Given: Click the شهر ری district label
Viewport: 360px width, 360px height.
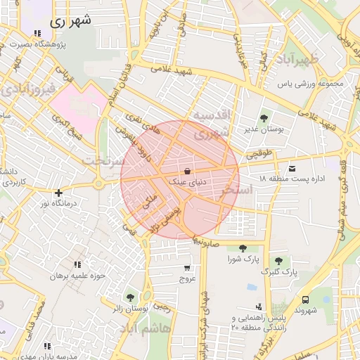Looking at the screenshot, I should coord(70,21).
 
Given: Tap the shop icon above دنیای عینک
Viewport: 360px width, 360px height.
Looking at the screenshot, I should coord(186,171).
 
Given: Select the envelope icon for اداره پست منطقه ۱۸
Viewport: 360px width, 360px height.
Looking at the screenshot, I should coord(292,168).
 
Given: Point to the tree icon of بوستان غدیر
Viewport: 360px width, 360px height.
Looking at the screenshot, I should coord(264,118).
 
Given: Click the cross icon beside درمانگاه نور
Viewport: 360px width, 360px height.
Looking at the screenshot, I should coord(58,193).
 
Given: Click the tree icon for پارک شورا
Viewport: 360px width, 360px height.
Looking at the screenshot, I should coord(243,247).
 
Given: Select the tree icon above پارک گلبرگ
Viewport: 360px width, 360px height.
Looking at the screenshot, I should coord(279,261).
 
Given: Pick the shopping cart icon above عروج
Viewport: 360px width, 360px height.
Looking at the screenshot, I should coord(187,268).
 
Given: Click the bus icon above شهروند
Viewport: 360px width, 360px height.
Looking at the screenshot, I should coord(305,300).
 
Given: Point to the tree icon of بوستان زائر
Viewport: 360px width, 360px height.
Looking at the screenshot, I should coord(130,297).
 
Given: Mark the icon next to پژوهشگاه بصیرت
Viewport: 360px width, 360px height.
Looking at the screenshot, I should coord(36,34).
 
